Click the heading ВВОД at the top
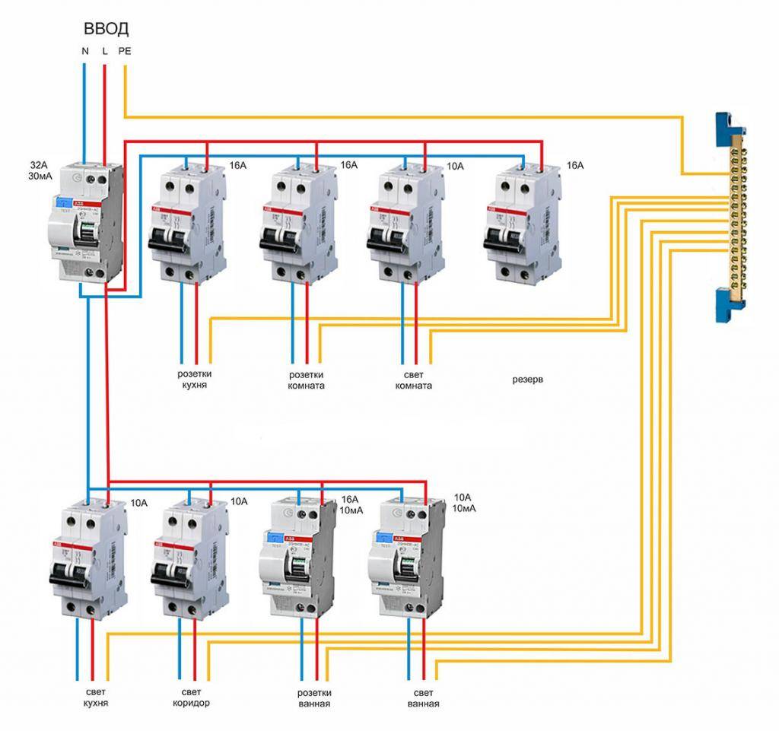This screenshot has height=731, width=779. coord(106,29)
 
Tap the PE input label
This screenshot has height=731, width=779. coord(124,52)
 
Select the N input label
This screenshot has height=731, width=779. coord(84,52)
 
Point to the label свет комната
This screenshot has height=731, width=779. coord(413,380)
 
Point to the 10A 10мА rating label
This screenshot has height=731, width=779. coord(463,502)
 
